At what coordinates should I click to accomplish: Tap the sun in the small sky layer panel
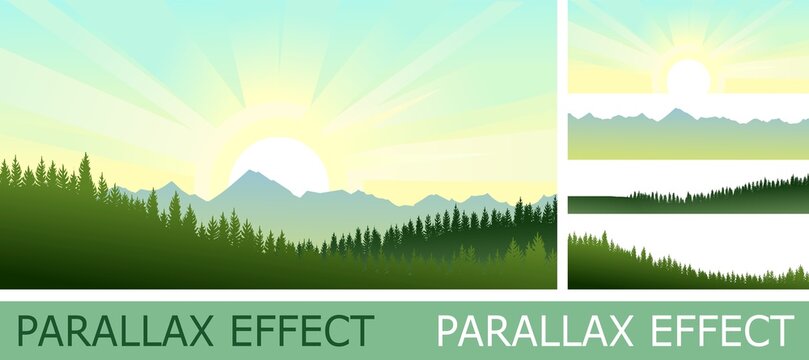(x=688, y=77)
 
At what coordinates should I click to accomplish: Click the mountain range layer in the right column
(x=688, y=135)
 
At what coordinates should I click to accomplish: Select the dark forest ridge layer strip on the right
(x=688, y=197)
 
